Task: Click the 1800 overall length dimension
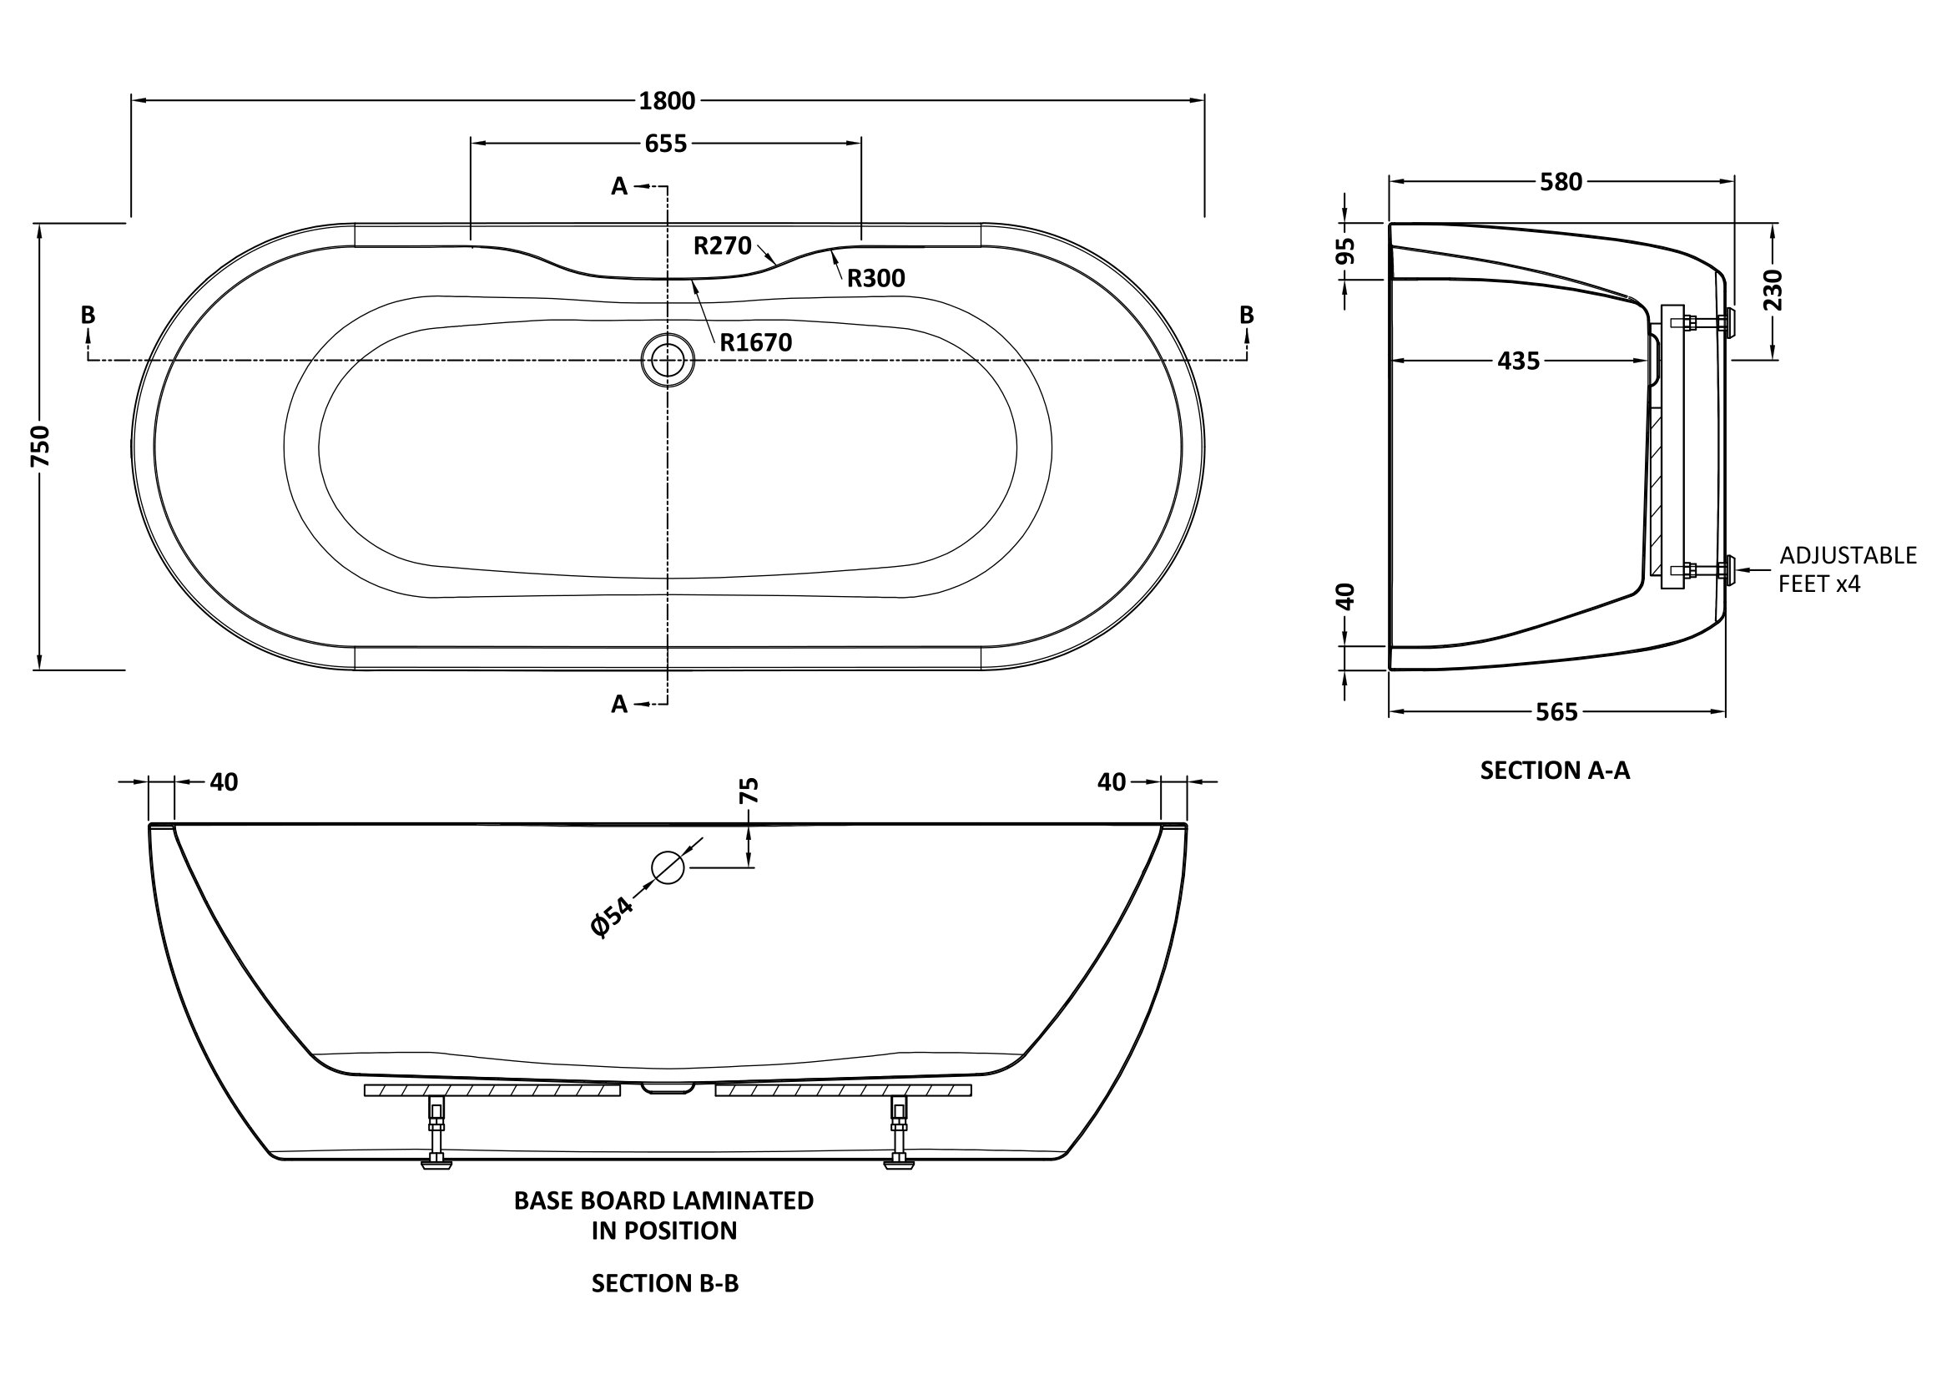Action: [668, 101]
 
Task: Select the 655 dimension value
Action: [666, 144]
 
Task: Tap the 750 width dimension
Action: [41, 446]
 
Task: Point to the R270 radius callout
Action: [723, 245]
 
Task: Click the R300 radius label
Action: [875, 278]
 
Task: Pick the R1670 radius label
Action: [756, 342]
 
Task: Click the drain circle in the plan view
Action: [668, 361]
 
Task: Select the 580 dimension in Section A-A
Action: [1561, 182]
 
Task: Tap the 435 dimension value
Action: [1518, 361]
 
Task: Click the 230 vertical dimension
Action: [1773, 289]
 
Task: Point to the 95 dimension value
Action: [1345, 250]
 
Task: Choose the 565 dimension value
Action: [1556, 712]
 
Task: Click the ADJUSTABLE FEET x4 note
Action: [1848, 569]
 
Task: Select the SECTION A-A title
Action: [1555, 771]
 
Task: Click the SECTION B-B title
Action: [665, 1283]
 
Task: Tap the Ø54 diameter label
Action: [612, 917]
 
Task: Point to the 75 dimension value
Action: [749, 791]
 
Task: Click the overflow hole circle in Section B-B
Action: [668, 867]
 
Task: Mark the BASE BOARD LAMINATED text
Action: [664, 1201]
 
